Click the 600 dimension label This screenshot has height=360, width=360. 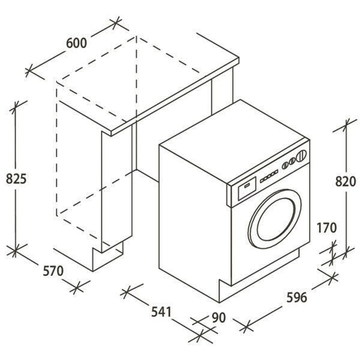coord(76,43)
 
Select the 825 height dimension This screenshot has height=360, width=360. coord(16,178)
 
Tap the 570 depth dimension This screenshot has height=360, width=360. coord(53,271)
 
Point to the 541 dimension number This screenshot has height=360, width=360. coord(161,312)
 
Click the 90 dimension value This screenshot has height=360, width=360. coord(218,317)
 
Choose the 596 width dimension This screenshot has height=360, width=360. coord(296,298)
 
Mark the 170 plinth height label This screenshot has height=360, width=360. coord(326,228)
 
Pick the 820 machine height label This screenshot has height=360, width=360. coord(346,181)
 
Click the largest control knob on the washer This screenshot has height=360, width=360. coord(301,156)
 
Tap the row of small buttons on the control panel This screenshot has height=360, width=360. coord(269,176)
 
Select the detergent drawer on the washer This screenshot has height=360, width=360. coord(247,188)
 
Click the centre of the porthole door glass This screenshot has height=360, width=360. coord(275,219)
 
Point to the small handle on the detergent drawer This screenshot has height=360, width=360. coord(247,185)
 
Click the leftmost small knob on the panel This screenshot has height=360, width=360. coord(285,166)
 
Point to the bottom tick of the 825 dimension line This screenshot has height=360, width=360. coord(15,250)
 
